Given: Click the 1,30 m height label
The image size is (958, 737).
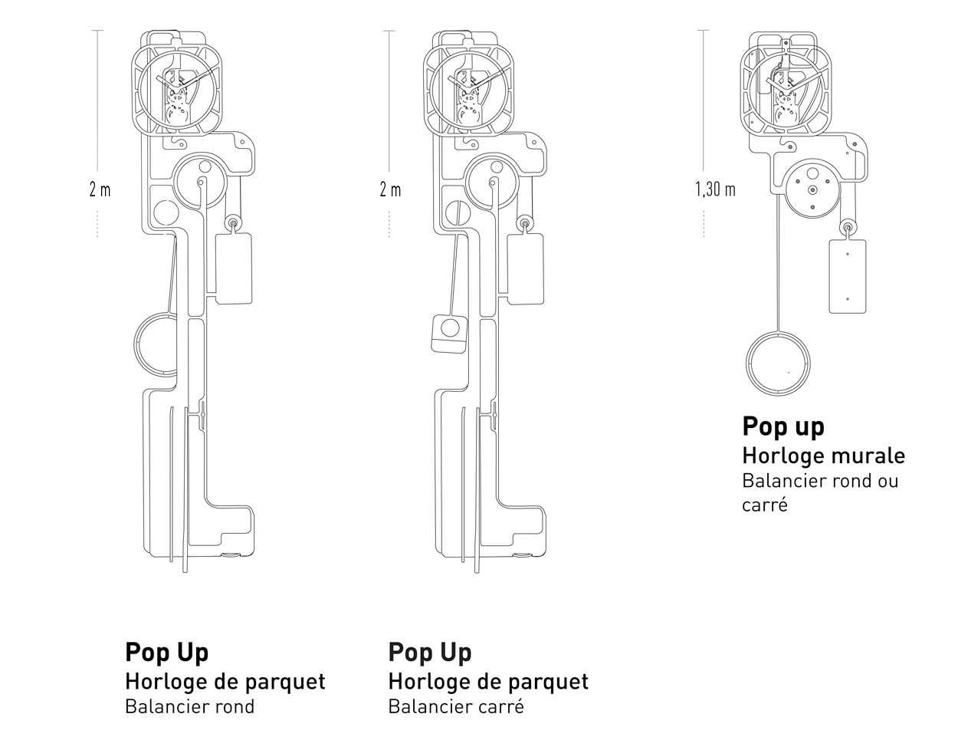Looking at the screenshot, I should [x=715, y=189].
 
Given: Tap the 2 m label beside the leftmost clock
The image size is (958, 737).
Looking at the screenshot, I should [x=100, y=189].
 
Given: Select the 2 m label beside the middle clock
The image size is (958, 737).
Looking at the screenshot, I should [x=390, y=189].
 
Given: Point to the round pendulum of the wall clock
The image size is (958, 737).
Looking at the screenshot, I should [x=779, y=366].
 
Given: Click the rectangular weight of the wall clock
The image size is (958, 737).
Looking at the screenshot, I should [x=847, y=276].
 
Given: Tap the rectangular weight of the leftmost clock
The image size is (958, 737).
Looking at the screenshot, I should [x=235, y=268].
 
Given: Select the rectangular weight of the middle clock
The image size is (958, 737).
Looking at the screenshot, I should [x=525, y=268].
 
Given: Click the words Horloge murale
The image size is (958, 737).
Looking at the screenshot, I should [x=823, y=456].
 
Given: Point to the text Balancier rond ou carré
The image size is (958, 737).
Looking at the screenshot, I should [x=819, y=492].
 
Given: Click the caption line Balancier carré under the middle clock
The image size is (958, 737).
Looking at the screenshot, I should [x=456, y=706].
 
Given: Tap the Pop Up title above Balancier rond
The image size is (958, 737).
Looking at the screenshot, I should [x=166, y=652].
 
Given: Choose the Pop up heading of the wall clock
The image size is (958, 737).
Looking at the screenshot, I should [x=782, y=426].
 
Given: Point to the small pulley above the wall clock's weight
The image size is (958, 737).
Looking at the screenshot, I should [x=848, y=228].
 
